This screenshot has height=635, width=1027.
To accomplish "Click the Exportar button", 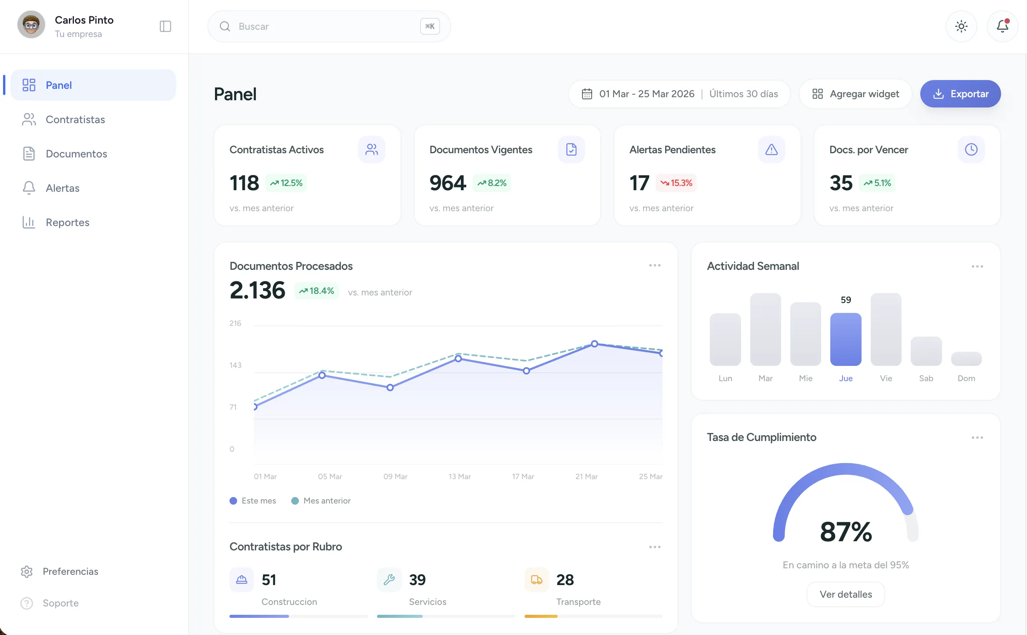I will click(x=960, y=94).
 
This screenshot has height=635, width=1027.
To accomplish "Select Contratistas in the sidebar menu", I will click(x=75, y=120).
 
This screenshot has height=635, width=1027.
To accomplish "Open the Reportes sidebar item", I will click(x=67, y=222).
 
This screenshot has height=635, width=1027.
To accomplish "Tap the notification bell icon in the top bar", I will click(x=1002, y=26).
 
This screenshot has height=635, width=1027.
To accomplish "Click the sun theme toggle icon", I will click(x=961, y=26).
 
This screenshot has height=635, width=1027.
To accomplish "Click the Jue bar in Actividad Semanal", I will click(x=846, y=339).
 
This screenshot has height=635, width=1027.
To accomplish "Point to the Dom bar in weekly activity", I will click(x=966, y=359).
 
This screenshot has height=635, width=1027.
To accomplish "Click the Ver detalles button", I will click(x=846, y=594).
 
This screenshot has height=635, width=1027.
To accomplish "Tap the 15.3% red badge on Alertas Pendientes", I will click(x=676, y=183).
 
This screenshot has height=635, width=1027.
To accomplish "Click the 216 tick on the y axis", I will click(x=235, y=323).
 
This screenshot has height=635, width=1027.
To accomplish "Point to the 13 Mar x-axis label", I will click(x=459, y=477).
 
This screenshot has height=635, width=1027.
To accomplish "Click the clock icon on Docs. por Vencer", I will click(x=971, y=149).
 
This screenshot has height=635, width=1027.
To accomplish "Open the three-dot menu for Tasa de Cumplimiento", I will click(x=977, y=438).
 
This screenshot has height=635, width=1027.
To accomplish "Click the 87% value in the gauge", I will click(x=846, y=532).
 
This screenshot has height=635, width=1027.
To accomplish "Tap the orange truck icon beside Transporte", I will click(x=536, y=580).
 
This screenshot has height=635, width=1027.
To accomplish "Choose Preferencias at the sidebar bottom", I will click(x=70, y=572).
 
